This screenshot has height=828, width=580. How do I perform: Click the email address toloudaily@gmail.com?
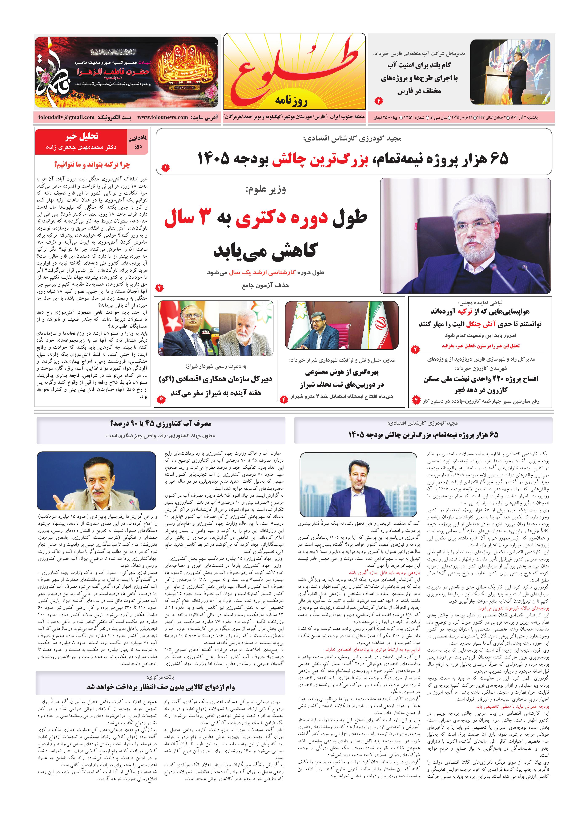[x=67, y=117]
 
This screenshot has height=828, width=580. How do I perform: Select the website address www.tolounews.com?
[x=162, y=117]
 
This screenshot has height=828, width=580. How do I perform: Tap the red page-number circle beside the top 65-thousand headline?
[x=165, y=168]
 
